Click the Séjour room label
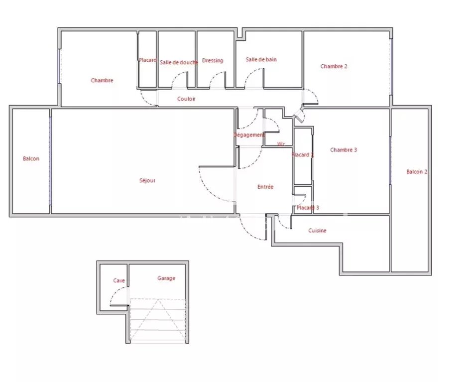(147, 181)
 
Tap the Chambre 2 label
(334, 66)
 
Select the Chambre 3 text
(343, 149)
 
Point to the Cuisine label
(317, 230)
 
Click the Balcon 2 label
(417, 172)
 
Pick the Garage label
(166, 278)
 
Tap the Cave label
(119, 280)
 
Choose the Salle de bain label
(261, 60)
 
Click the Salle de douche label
(179, 62)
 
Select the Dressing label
(213, 60)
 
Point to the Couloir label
(186, 99)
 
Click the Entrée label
(265, 187)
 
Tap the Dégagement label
(249, 135)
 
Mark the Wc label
(281, 144)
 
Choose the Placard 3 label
(308, 208)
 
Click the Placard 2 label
(303, 155)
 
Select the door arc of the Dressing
(214, 76)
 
